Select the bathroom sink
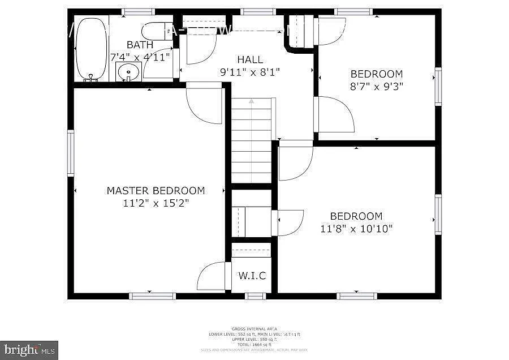coord(129,72)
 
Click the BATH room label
coord(140,45)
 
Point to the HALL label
coord(250,59)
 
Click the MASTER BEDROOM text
coord(156,191)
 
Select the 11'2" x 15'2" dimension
coord(156,203)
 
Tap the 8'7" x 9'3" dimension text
coord(377,86)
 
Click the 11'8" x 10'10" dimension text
coord(356,229)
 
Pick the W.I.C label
coord(252,276)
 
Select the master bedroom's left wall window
coord(71,153)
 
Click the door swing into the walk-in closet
coord(210,276)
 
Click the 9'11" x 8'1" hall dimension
coord(250,71)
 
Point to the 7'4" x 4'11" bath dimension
coord(140,57)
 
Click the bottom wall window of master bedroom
coord(152,295)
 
